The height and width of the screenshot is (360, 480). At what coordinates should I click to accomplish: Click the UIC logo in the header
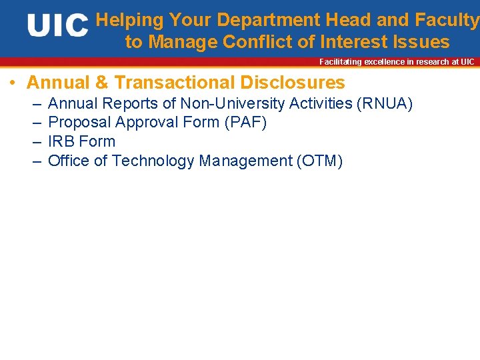[58, 26]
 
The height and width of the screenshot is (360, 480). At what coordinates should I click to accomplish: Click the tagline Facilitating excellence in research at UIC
[397, 62]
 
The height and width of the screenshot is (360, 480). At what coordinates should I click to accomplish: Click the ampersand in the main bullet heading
[101, 83]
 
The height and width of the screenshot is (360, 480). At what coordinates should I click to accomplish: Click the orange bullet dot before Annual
[13, 83]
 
